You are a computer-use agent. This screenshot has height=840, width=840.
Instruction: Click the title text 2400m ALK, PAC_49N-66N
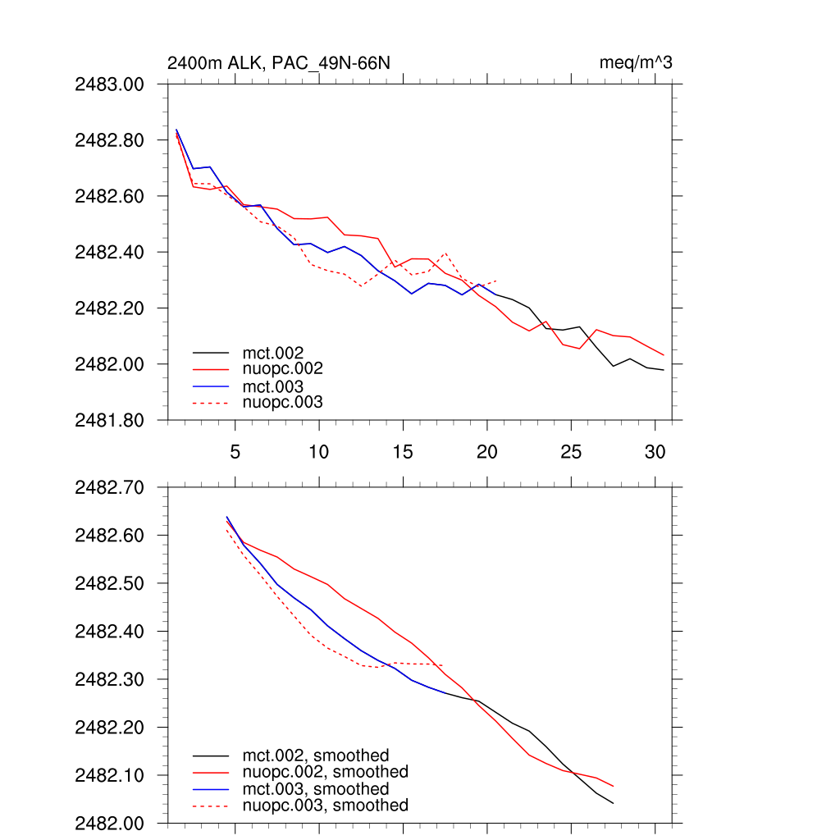(272, 63)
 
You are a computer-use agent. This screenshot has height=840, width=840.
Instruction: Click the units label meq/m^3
(637, 63)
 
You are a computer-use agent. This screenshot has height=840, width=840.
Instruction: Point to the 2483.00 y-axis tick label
(109, 84)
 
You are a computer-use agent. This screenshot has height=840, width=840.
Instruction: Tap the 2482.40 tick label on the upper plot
(109, 252)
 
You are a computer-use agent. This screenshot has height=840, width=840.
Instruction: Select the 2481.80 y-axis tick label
(109, 420)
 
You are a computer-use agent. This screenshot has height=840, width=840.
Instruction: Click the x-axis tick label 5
(235, 451)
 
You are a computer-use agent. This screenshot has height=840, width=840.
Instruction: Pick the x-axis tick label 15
(403, 451)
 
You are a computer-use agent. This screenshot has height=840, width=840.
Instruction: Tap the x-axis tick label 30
(655, 451)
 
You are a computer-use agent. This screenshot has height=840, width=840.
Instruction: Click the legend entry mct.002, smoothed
(315, 756)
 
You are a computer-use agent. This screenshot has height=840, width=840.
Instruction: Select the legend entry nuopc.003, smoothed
(325, 806)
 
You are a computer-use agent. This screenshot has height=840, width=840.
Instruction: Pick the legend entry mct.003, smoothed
(315, 789)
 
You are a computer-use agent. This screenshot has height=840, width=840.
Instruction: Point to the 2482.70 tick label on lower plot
(109, 488)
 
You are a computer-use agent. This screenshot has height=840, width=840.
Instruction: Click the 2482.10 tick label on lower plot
(109, 775)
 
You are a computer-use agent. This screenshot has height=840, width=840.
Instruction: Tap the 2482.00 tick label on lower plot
(109, 823)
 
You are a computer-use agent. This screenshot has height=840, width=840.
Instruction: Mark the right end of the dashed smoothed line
(444, 664)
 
